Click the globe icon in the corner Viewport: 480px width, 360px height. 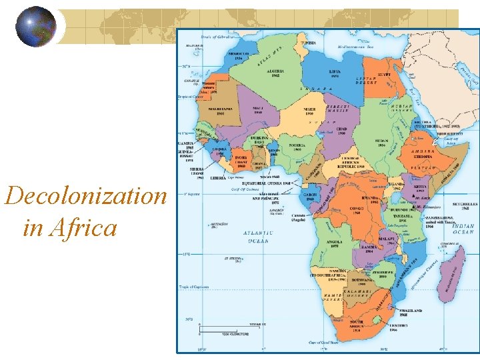tap(36, 27)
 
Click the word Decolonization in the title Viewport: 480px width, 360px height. tap(85, 196)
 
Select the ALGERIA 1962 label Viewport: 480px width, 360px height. tap(275, 73)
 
